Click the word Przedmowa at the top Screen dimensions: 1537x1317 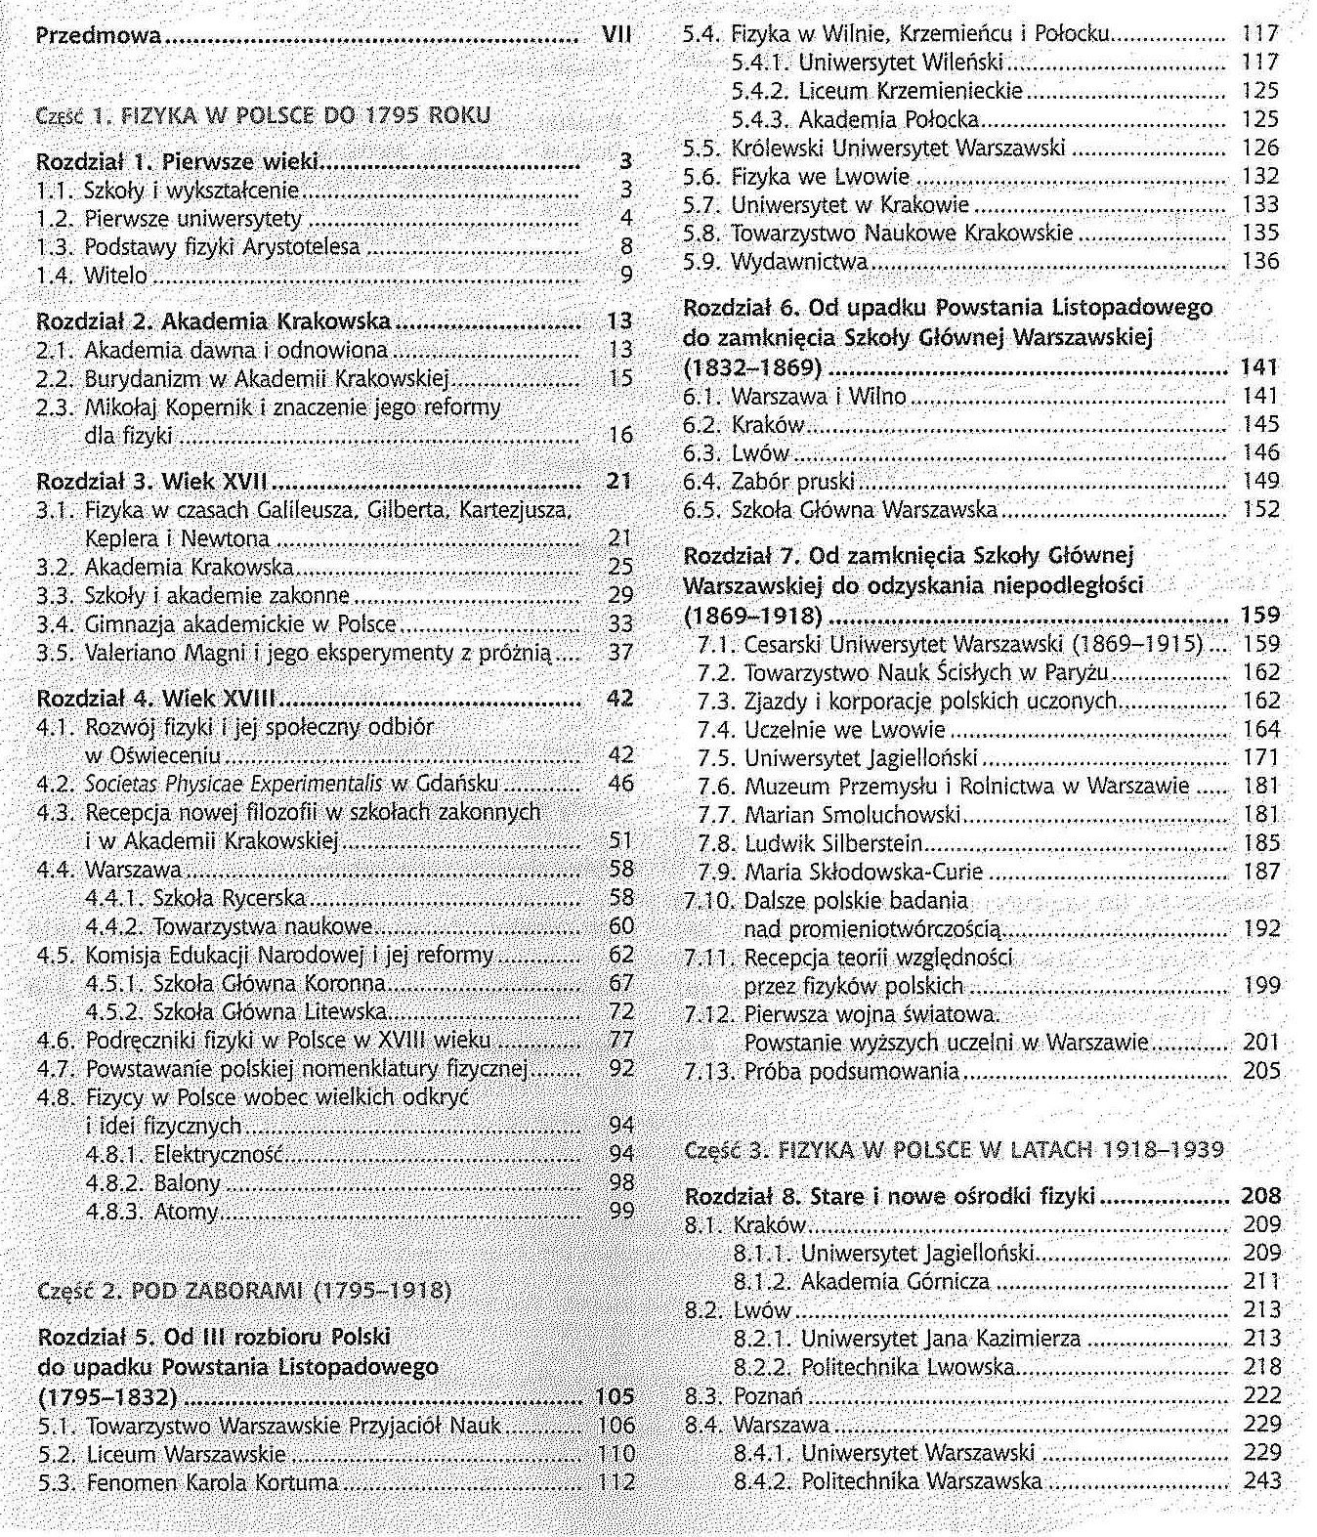pyautogui.click(x=98, y=36)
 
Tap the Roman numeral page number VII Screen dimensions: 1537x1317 pyautogui.click(x=616, y=35)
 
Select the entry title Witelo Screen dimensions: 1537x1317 pyautogui.click(x=115, y=276)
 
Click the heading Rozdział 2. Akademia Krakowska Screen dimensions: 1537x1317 pyautogui.click(x=213, y=321)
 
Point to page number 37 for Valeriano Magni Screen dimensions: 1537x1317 pyautogui.click(x=620, y=652)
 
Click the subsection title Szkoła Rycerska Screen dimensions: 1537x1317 pyautogui.click(x=230, y=898)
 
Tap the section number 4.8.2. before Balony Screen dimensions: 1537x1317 pyautogui.click(x=115, y=1183)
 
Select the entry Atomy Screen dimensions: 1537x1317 pyautogui.click(x=186, y=1212)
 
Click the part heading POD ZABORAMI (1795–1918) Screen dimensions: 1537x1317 pyautogui.click(x=290, y=1291)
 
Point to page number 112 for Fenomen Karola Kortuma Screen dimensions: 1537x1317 pyautogui.click(x=616, y=1482)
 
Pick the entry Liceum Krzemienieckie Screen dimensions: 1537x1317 pyautogui.click(x=911, y=91)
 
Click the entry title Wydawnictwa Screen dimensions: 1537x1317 pyautogui.click(x=798, y=262)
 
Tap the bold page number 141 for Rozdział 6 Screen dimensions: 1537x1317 pyautogui.click(x=1259, y=367)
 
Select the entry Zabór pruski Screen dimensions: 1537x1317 pyautogui.click(x=792, y=481)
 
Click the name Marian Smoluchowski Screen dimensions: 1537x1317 pyautogui.click(x=852, y=815)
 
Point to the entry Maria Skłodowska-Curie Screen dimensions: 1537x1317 pyautogui.click(x=864, y=872)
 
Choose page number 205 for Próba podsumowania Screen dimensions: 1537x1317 pyautogui.click(x=1261, y=1071)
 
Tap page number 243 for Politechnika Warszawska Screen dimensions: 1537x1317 pyautogui.click(x=1262, y=1481)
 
